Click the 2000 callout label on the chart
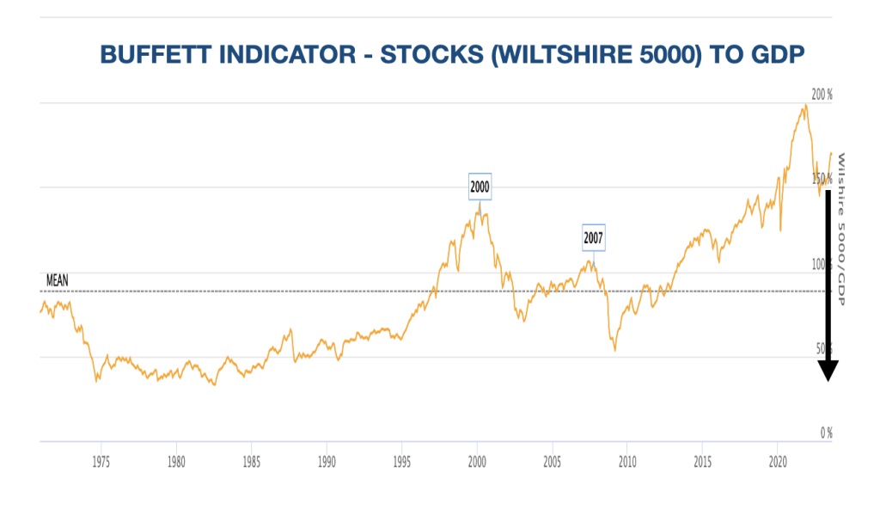click(480, 186)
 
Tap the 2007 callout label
click(594, 236)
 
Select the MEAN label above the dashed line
click(58, 280)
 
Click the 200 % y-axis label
click(822, 95)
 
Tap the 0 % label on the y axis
click(825, 432)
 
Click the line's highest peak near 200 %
click(805, 105)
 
